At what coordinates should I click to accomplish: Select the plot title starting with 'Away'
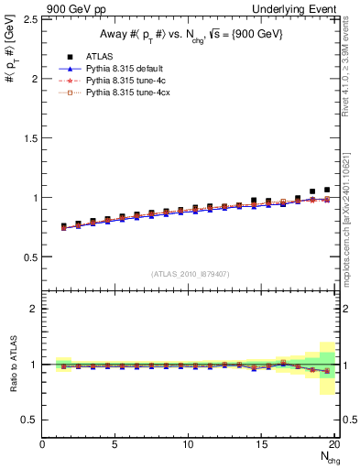click(x=190, y=36)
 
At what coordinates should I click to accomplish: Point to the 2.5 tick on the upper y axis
click(x=29, y=19)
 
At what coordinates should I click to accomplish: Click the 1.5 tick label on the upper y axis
click(x=29, y=137)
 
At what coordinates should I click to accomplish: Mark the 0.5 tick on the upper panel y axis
click(x=29, y=256)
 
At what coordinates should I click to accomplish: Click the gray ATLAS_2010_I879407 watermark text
click(x=190, y=274)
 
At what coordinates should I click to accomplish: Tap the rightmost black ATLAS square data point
click(x=327, y=190)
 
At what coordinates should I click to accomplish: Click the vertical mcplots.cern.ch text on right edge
click(x=351, y=211)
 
